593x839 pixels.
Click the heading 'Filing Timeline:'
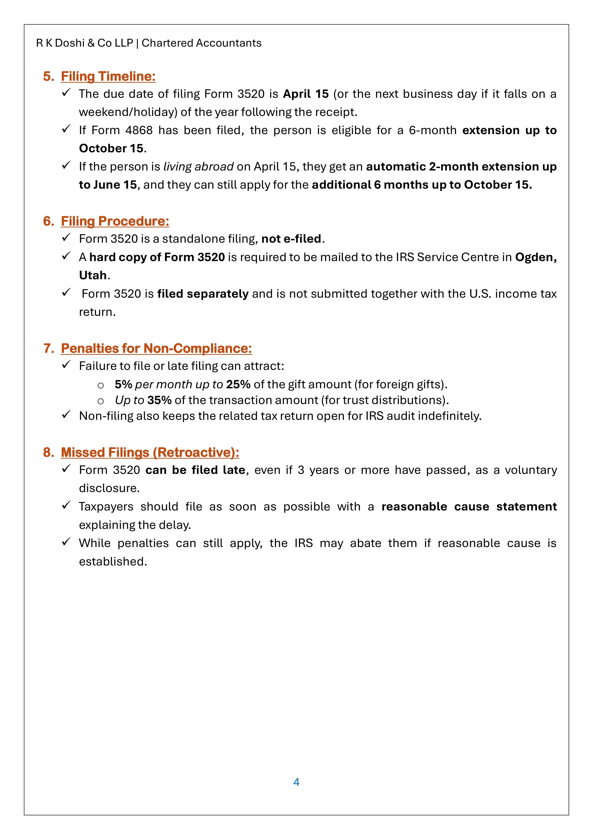[108, 76]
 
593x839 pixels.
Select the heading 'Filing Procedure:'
[115, 221]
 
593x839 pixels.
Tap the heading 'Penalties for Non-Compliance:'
[156, 348]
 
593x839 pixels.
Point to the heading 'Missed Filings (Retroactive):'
[150, 452]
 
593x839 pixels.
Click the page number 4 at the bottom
[296, 782]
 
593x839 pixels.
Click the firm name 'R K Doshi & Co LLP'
[84, 43]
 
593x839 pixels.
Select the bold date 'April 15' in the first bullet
[306, 94]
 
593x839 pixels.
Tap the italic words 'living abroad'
[198, 167]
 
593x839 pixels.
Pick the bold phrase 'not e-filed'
[291, 239]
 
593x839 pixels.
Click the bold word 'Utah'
[93, 275]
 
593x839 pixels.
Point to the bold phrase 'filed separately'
[203, 294]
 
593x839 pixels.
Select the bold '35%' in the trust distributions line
[159, 400]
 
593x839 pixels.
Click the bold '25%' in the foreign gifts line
[238, 384]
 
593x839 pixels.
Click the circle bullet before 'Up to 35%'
[100, 401]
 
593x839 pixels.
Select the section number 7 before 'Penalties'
[48, 348]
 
